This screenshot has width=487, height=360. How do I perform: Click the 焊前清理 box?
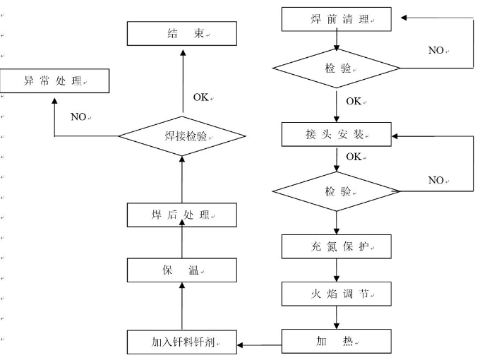[336, 19]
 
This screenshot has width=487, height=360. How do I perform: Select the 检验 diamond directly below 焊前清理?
[337, 68]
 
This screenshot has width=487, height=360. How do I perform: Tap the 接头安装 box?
[336, 134]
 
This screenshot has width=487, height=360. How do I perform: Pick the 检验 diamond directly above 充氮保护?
[337, 191]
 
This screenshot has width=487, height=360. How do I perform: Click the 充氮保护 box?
[336, 247]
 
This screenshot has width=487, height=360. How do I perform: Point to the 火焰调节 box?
[336, 294]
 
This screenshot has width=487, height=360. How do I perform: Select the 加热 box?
[336, 342]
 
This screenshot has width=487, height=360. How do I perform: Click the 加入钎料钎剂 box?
[182, 342]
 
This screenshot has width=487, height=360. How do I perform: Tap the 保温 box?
[181, 270]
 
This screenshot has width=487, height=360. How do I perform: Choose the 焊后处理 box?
[181, 215]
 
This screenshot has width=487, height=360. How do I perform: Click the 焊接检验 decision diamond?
[182, 136]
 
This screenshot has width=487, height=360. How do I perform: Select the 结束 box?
[181, 33]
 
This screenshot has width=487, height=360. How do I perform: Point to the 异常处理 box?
[54, 81]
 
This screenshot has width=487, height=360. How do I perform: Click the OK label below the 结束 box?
[201, 97]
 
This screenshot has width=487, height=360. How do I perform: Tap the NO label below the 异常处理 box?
[79, 116]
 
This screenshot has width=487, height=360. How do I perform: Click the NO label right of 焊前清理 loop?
[437, 50]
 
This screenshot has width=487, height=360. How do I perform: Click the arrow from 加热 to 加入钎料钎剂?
[259, 344]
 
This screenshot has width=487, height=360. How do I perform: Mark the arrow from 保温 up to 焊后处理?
[181, 242]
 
